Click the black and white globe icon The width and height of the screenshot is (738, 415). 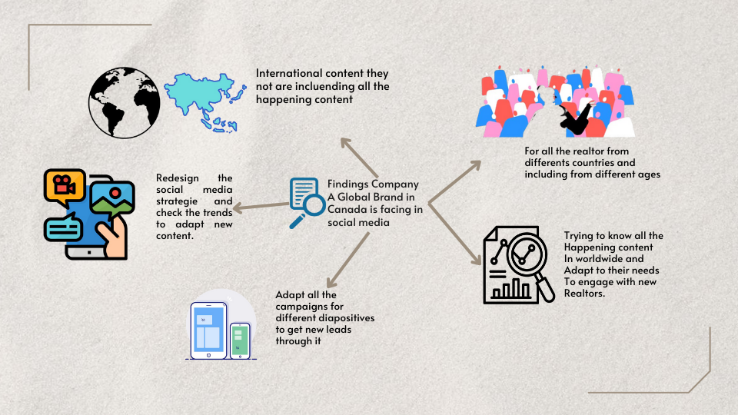(x=125, y=102)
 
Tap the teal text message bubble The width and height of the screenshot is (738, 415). (x=64, y=228)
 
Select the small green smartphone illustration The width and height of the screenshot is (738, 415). (x=241, y=341)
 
